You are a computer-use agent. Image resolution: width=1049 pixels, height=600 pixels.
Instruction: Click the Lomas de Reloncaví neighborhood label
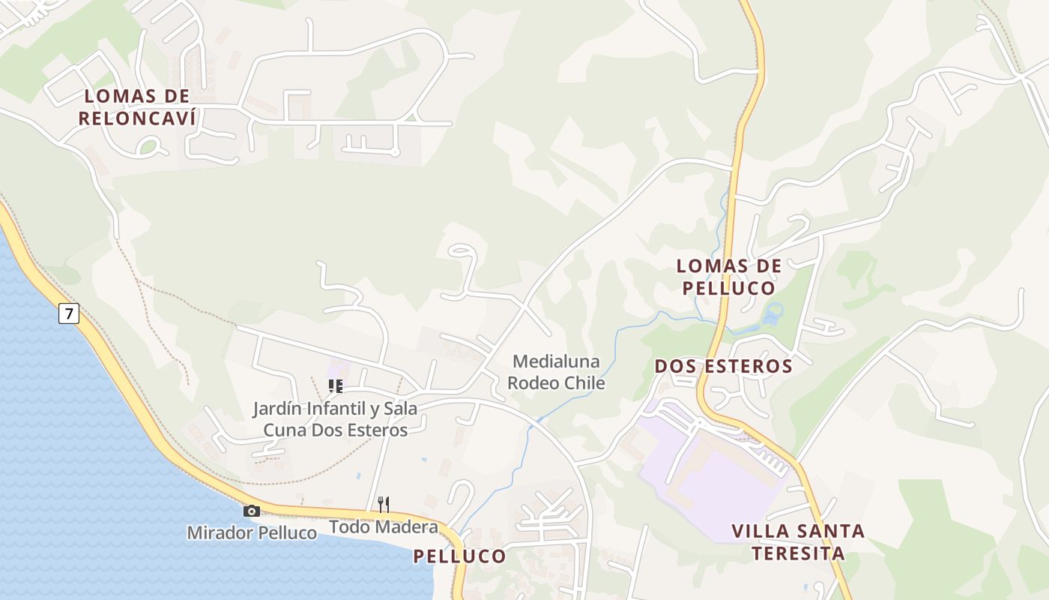tap(137, 107)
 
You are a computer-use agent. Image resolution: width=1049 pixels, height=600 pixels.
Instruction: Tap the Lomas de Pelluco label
tap(728, 277)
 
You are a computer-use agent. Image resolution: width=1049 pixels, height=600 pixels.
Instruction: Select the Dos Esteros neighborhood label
tap(723, 366)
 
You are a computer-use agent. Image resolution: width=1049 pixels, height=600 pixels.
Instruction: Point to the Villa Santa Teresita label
tap(798, 542)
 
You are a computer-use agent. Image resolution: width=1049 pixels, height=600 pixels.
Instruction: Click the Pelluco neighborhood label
tap(459, 556)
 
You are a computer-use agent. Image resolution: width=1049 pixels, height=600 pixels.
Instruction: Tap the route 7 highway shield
tap(68, 313)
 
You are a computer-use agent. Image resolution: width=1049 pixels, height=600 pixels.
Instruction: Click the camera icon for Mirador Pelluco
tap(252, 511)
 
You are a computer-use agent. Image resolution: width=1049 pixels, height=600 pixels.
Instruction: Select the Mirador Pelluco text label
tap(252, 533)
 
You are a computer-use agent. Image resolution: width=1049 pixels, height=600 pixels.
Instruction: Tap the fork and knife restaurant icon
tap(383, 504)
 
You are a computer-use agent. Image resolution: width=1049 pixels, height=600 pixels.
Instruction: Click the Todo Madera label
tap(384, 527)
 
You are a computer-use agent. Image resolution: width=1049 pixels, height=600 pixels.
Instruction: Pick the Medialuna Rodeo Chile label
tap(556, 372)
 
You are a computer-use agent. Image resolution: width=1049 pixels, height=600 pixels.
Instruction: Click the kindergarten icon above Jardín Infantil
tap(335, 386)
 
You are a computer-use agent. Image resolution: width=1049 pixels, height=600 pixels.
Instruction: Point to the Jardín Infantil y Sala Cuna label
tap(335, 419)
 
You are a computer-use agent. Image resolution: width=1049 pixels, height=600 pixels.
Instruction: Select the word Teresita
tap(798, 554)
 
